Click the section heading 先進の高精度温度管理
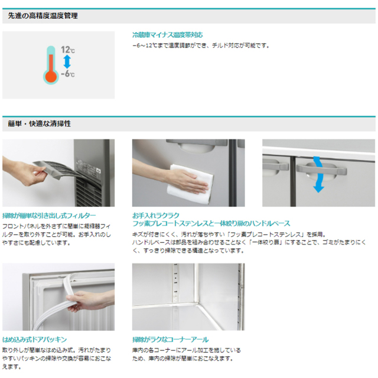tap(43, 16)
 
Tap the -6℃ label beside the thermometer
tap(67, 74)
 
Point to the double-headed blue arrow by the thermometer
tap(66, 62)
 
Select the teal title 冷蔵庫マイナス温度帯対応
tap(167, 35)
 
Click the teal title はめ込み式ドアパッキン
tap(34, 340)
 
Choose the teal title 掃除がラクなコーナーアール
tap(171, 340)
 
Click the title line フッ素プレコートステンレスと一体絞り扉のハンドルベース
tap(211, 224)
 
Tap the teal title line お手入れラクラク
tap(156, 216)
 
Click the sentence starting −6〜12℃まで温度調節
tap(200, 45)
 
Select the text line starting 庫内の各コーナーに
tap(186, 350)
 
